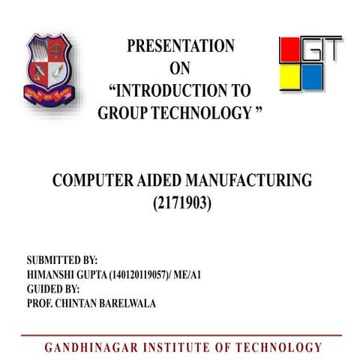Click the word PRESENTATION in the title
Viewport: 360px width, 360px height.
point(180,46)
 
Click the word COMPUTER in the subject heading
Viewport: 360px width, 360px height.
point(92,180)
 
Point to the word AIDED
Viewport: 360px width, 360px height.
point(163,180)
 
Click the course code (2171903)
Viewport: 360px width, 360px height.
point(180,202)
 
